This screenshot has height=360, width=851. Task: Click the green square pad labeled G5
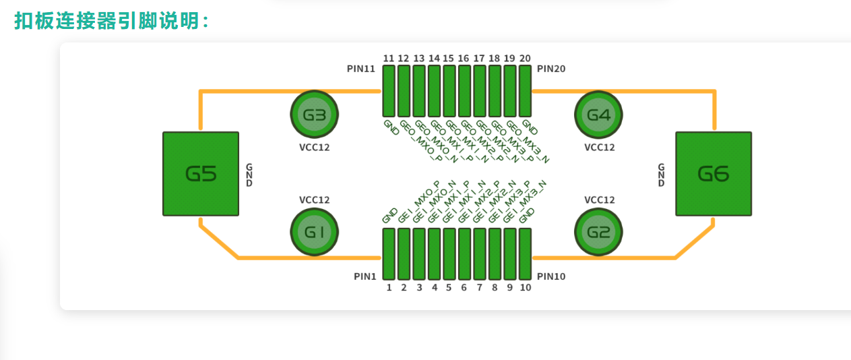click(201, 174)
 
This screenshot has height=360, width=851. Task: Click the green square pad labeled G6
click(713, 174)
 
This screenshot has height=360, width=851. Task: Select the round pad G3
click(314, 115)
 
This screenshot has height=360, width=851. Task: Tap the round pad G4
click(598, 115)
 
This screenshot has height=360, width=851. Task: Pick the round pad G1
click(314, 232)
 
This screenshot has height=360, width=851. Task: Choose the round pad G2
click(598, 232)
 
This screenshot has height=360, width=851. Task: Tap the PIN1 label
click(365, 276)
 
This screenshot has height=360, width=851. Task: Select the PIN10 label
click(551, 276)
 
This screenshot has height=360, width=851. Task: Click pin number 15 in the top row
click(449, 59)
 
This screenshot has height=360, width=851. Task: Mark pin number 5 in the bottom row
click(449, 288)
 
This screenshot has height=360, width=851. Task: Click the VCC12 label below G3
click(314, 147)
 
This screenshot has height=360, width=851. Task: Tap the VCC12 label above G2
click(599, 200)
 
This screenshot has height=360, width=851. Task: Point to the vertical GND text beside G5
click(249, 175)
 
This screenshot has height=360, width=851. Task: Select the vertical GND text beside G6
click(661, 175)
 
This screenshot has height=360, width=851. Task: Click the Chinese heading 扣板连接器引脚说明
click(111, 21)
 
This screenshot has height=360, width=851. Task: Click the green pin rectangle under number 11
click(389, 91)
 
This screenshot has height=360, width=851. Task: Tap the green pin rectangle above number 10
click(525, 254)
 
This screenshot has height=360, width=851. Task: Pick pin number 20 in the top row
click(525, 59)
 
